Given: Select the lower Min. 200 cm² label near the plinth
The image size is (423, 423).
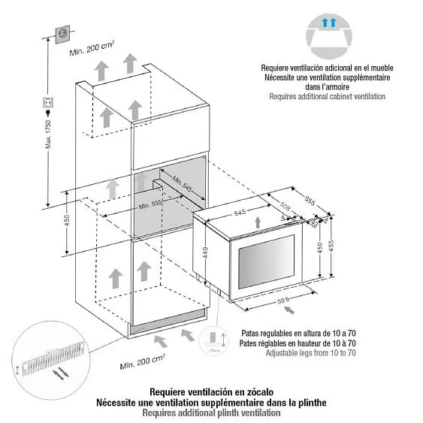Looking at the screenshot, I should click(143, 365).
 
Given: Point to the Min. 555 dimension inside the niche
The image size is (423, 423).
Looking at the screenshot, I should click(153, 204).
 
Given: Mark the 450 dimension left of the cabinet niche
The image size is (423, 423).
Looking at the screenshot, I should click(67, 221).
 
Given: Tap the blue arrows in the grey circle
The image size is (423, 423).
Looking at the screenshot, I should click(327, 24).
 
